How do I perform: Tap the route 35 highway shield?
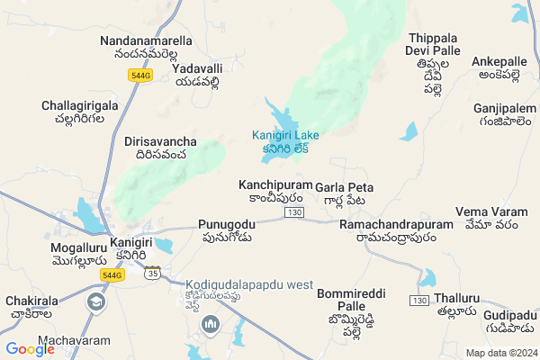pyautogui.click(x=154, y=272)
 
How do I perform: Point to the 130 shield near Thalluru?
pyautogui.click(x=419, y=299)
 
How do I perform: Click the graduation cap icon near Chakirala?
pyautogui.click(x=96, y=301)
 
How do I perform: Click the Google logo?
pyautogui.click(x=30, y=349)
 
